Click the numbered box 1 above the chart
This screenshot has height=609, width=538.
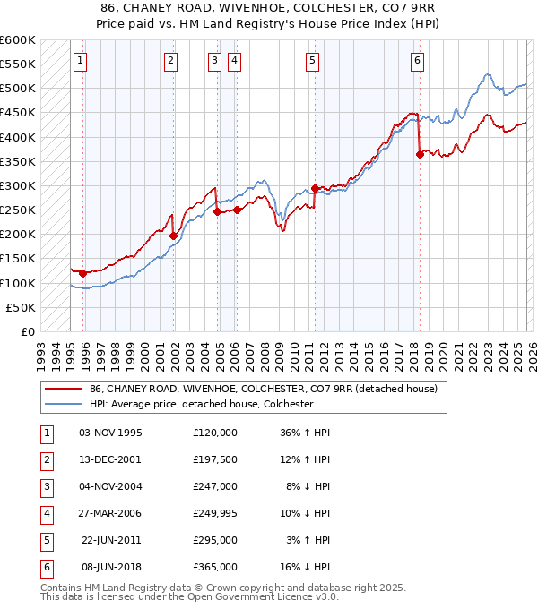click(81, 61)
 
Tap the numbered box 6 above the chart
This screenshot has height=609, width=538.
click(418, 61)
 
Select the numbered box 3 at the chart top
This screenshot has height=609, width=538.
click(215, 61)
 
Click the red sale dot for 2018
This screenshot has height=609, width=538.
click(420, 154)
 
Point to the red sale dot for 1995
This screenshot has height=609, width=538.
click(82, 273)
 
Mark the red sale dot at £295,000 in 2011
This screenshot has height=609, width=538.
click(315, 188)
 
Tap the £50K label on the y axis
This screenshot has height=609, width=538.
click(22, 307)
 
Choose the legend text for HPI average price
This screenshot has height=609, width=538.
click(201, 404)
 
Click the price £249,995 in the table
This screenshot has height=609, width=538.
click(215, 513)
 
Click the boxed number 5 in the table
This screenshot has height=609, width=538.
click(45, 540)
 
